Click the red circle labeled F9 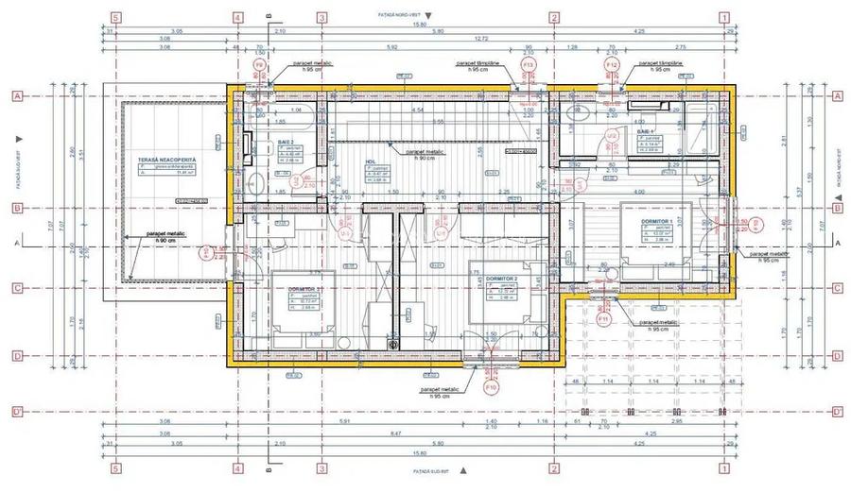click(x=259, y=64)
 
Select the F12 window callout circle click(x=612, y=64)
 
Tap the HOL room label click(x=371, y=161)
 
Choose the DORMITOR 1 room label click(x=656, y=221)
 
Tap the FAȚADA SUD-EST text click(x=431, y=469)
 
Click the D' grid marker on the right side click(x=836, y=412)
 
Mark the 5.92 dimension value click(x=391, y=47)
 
